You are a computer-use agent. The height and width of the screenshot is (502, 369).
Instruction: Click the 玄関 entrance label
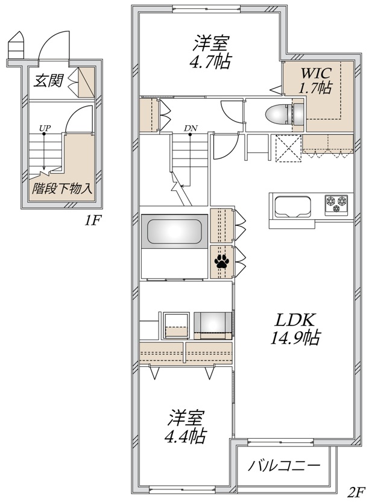click(x=49, y=81)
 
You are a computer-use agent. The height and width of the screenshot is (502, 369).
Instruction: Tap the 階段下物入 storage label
click(x=63, y=188)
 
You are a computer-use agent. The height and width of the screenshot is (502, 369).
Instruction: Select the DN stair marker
click(x=190, y=128)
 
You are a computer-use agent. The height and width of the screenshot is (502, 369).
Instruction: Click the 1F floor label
click(x=92, y=221)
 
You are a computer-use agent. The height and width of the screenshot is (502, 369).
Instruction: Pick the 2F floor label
click(x=356, y=491)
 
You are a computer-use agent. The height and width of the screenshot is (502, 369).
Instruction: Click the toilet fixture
click(x=279, y=113)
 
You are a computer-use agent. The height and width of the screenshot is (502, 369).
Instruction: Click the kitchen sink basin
click(x=292, y=207)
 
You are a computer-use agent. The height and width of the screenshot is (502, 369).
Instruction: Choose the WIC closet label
click(x=316, y=73)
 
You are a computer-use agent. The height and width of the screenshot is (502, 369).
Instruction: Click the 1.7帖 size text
click(x=315, y=89)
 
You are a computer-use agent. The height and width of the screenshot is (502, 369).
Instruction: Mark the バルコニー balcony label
click(x=283, y=466)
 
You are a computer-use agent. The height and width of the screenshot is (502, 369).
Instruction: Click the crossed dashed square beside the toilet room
click(x=288, y=148)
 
